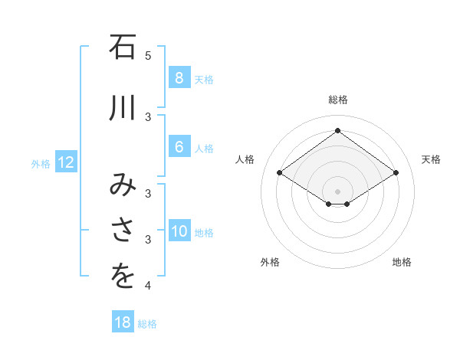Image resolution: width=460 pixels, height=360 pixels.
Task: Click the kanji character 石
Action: click(x=123, y=47)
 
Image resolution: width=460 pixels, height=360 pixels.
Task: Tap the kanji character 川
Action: click(x=123, y=107)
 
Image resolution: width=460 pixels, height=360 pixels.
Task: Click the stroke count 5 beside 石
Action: click(x=148, y=55)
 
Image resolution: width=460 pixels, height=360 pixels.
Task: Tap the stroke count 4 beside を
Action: click(x=148, y=286)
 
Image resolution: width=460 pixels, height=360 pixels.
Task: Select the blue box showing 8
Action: click(x=179, y=77)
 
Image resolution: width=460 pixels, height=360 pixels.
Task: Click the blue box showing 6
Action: click(x=179, y=147)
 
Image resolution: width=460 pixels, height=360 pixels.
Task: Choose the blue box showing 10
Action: click(x=179, y=231)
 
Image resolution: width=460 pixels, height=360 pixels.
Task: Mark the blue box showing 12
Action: click(x=65, y=162)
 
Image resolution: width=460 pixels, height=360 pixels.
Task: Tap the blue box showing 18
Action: click(x=123, y=322)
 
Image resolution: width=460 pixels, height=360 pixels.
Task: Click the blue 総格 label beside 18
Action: click(x=147, y=324)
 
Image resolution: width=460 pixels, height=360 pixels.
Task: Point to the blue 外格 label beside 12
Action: click(x=41, y=163)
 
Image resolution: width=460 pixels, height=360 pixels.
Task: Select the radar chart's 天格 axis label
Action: click(x=431, y=159)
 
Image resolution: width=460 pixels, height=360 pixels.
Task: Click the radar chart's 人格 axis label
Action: click(x=245, y=159)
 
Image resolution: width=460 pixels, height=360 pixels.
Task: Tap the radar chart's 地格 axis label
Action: click(x=402, y=262)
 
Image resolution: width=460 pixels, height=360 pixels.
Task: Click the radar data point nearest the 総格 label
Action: click(x=337, y=130)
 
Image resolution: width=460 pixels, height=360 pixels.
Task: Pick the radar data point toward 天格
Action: click(x=396, y=173)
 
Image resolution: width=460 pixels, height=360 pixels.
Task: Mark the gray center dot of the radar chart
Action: click(x=337, y=191)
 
